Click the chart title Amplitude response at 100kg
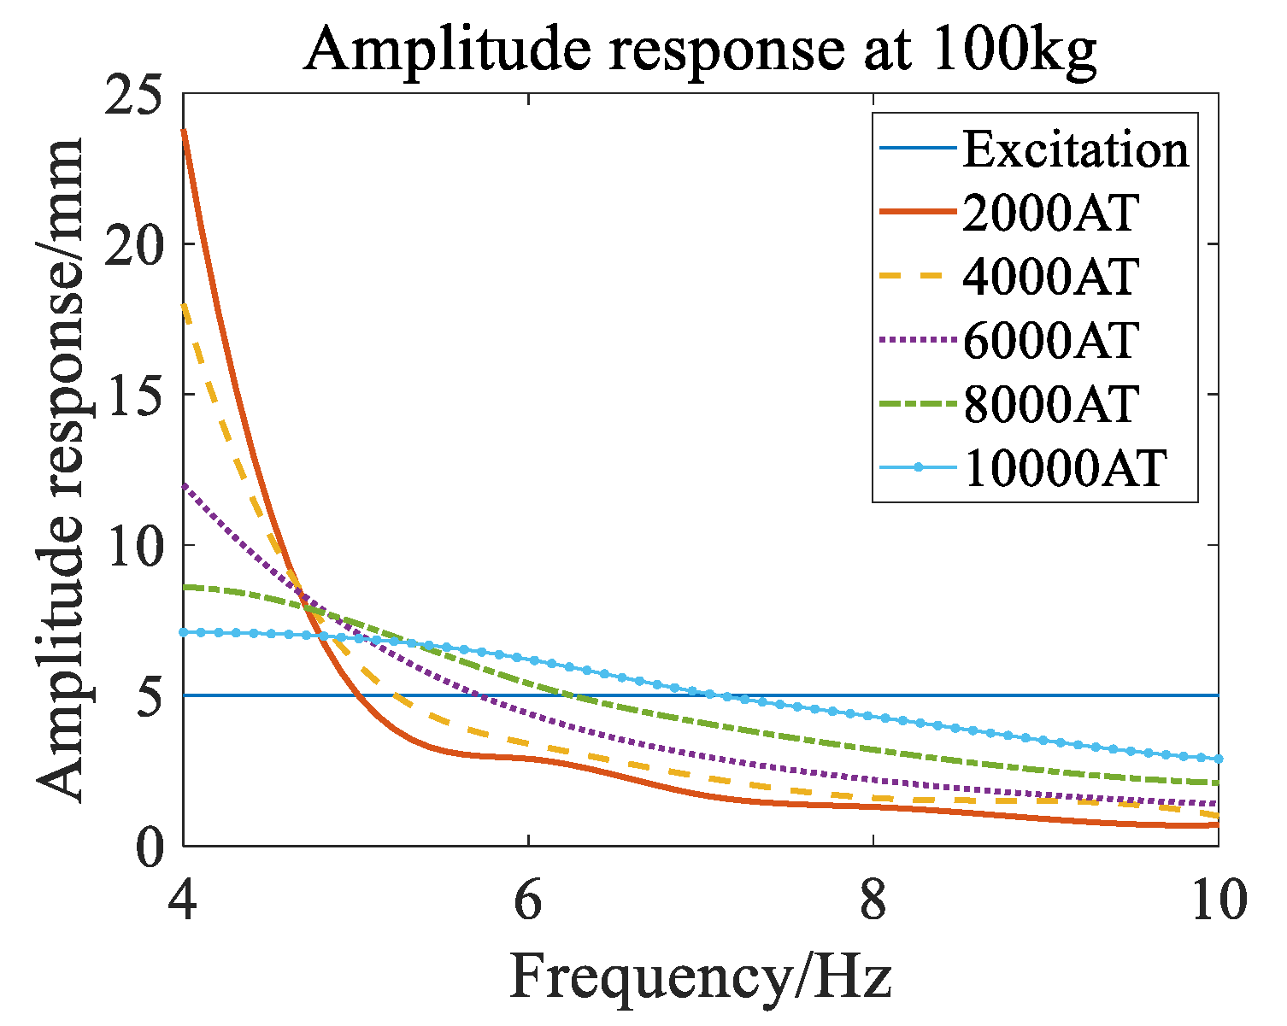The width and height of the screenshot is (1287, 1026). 699,50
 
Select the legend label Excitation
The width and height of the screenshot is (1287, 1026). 1075,150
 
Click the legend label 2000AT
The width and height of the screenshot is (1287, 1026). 1051,213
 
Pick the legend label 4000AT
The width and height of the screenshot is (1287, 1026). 1051,276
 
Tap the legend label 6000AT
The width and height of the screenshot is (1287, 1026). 1051,340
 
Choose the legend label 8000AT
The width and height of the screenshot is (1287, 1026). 1051,403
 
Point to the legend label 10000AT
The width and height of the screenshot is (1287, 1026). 1065,467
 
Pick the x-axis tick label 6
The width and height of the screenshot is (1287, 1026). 528,902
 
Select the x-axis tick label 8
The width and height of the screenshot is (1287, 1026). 873,902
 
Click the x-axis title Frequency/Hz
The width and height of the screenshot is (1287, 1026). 701,977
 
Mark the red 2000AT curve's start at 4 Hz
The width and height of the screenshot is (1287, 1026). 185,132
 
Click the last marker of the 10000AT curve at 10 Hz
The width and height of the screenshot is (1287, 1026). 1217,759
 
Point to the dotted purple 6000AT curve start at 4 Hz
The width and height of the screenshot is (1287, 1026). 185,485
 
